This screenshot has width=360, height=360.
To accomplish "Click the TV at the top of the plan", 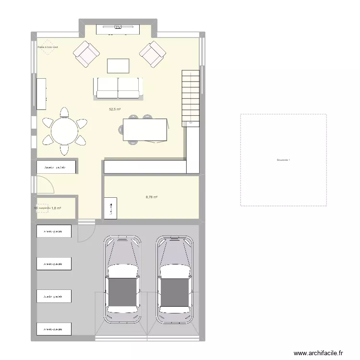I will click(x=118, y=28).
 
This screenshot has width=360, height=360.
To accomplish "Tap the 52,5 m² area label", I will click(x=114, y=109).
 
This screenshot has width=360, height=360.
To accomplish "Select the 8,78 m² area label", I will click(x=152, y=197).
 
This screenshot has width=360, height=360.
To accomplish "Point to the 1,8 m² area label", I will click(x=56, y=208).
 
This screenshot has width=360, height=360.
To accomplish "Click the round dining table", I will click(x=64, y=131).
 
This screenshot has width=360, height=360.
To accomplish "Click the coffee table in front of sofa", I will click(x=118, y=65).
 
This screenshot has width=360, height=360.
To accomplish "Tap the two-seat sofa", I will click(x=118, y=88).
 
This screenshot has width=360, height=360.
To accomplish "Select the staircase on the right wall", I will click(x=191, y=97).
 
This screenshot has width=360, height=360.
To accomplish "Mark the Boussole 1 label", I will click(x=283, y=160).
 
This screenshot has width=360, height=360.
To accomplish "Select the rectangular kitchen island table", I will click(x=145, y=130).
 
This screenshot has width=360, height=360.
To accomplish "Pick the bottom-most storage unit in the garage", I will click(x=54, y=329).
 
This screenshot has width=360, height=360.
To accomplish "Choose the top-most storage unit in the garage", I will click(x=54, y=231).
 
